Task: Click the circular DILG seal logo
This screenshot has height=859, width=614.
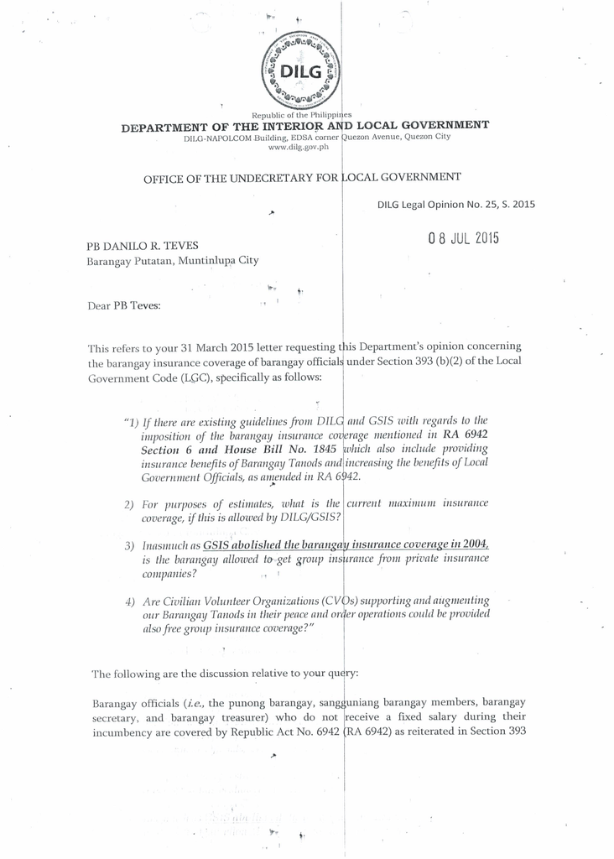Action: (301, 71)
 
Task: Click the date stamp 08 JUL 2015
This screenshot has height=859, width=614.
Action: (463, 237)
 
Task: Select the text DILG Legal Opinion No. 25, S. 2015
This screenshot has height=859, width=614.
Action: (455, 204)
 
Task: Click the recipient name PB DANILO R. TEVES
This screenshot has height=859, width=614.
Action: (143, 246)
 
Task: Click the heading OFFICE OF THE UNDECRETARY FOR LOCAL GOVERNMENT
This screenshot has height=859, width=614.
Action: (302, 177)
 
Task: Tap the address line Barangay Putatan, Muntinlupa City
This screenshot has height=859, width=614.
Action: (173, 261)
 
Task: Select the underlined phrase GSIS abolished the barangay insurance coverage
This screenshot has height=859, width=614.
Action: (345, 544)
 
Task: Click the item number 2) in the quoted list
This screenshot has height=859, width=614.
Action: (129, 505)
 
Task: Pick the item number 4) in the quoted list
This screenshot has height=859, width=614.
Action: (129, 602)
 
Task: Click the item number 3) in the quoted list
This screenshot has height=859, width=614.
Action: (129, 545)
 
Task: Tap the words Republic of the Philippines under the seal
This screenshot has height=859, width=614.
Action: (301, 115)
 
